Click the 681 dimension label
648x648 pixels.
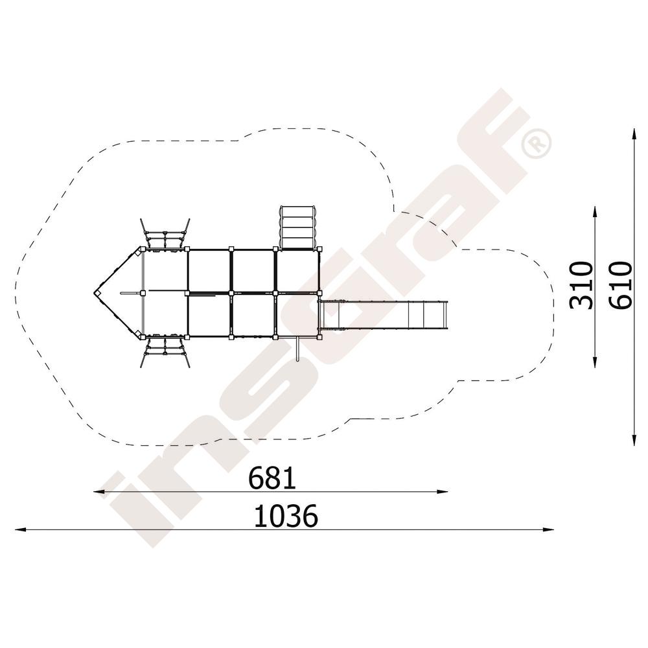272,478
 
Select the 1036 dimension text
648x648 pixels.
286,516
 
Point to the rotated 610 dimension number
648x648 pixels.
620,285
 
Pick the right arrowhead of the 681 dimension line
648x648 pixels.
443,492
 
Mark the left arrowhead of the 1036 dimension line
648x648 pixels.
20,529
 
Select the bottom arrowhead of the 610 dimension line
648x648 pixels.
634,441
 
